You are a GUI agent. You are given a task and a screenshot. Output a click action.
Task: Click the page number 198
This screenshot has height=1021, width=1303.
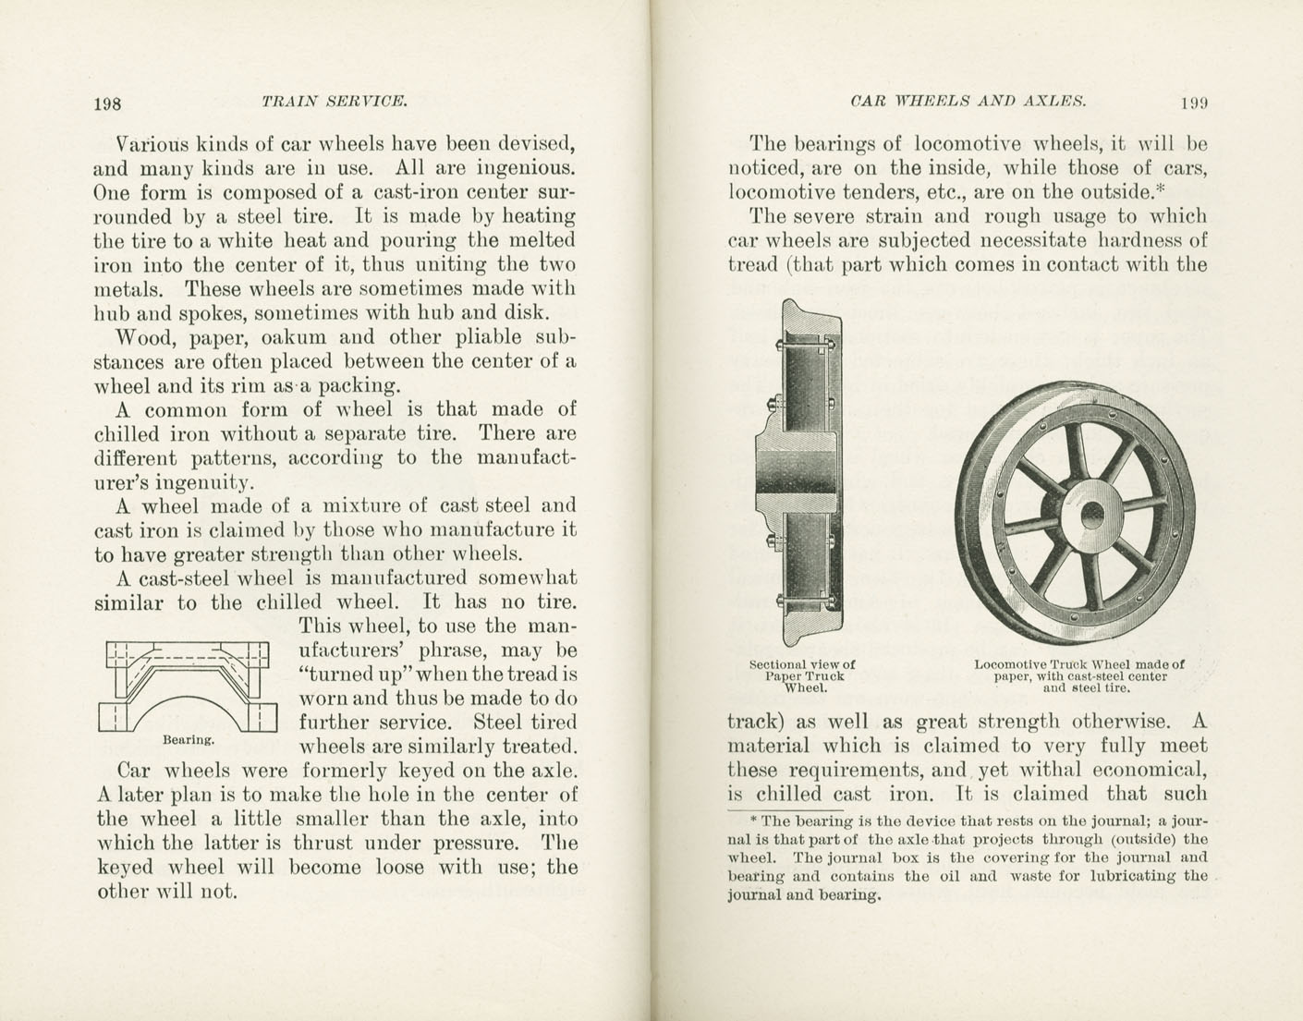107,103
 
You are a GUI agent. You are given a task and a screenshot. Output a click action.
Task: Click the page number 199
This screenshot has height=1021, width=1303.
1193,103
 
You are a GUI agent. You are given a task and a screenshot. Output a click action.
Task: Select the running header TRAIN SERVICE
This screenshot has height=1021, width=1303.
334,101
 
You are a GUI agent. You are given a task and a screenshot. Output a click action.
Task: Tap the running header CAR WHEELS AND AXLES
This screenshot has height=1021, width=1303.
967,101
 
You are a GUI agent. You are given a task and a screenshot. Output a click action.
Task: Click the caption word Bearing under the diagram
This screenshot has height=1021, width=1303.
189,740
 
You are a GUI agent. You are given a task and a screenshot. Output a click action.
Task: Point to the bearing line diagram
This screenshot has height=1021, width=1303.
188,687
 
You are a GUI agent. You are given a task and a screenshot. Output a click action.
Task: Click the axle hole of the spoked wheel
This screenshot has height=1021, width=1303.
1092,513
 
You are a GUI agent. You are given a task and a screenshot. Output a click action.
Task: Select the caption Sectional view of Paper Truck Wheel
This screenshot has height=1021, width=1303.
801,675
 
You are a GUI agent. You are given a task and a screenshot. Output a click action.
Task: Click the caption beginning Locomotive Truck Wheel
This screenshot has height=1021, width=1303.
1078,675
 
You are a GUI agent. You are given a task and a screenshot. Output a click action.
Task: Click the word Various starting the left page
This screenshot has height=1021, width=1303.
152,145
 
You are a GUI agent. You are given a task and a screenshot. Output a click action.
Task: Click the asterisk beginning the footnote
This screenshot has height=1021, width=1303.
754,820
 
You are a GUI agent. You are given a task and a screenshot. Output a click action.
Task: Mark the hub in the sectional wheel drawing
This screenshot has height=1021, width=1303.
797,473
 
